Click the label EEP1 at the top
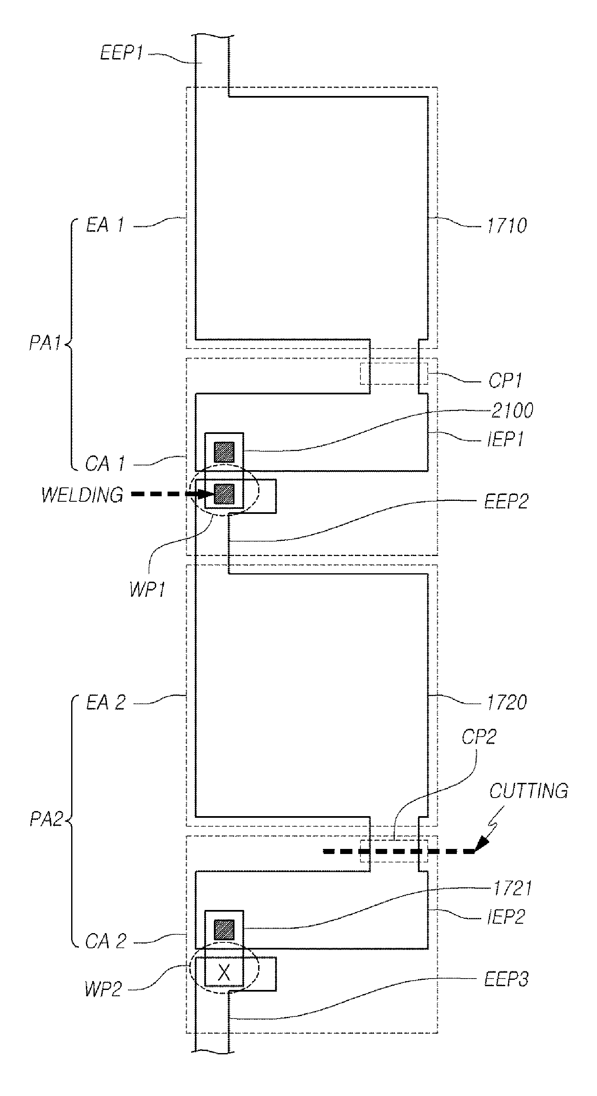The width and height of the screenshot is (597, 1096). coord(121,53)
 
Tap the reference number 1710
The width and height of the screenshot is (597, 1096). coord(507,226)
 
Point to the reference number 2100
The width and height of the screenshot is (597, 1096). coord(512,410)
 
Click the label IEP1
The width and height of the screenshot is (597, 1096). coord(506,439)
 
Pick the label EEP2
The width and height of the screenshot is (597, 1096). coord(506,502)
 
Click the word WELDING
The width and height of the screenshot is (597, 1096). coord(83,495)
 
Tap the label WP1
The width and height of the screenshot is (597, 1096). coord(147,589)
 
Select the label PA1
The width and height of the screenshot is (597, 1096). coord(45,343)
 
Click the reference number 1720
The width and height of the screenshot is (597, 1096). coord(507,702)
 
